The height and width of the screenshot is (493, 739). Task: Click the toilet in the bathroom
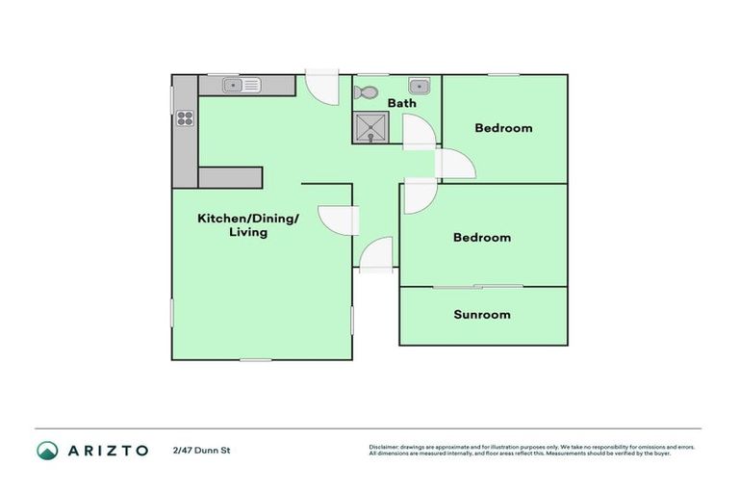[366, 93]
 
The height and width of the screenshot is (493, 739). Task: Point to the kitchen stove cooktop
[185, 119]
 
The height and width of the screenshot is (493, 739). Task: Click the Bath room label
[401, 102]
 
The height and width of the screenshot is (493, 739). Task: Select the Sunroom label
[482, 314]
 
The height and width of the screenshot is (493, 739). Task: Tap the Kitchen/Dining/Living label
[248, 224]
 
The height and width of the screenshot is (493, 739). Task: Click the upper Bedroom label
[504, 128]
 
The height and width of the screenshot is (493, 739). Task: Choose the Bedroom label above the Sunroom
[482, 237]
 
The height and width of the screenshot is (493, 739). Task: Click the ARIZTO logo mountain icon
[47, 450]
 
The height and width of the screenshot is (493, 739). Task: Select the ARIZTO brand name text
[107, 450]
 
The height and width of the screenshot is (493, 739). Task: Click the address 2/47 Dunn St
[202, 450]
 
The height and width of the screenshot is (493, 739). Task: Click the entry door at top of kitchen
[320, 90]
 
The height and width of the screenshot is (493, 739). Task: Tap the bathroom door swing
[418, 132]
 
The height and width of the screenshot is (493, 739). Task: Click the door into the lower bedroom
[419, 195]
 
